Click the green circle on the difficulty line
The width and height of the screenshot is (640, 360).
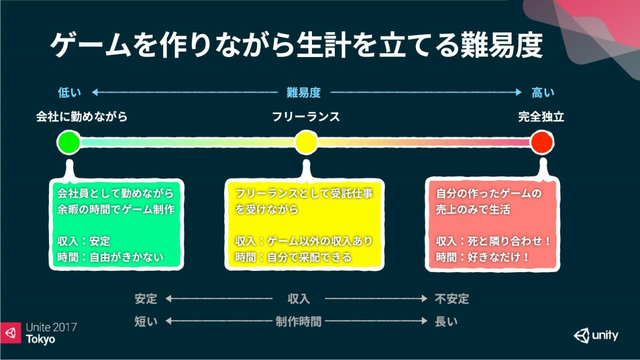tap(69, 142)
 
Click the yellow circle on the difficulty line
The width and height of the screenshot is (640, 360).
tap(306, 142)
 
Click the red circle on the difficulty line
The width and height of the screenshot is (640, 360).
tap(542, 142)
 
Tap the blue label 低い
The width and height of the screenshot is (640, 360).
tap(69, 93)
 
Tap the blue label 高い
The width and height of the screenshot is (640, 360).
tap(543, 93)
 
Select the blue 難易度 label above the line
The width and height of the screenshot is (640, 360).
tap(303, 93)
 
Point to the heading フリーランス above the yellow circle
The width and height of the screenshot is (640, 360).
tap(306, 117)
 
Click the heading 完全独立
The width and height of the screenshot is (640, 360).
tap(541, 117)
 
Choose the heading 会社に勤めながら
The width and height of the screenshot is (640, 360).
tap(82, 117)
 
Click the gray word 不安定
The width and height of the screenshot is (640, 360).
tap(452, 299)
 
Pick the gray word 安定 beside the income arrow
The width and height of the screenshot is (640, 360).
tap(146, 299)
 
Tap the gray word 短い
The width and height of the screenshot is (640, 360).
tap(146, 322)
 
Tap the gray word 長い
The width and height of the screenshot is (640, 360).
tap(446, 322)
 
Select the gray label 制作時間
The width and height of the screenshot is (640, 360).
tap(299, 322)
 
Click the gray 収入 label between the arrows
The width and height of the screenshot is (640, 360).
tap(299, 299)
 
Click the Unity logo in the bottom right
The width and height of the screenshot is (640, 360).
tap(596, 335)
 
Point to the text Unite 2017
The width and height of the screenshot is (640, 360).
tap(51, 327)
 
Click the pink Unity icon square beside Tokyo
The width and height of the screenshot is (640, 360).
tap(11, 333)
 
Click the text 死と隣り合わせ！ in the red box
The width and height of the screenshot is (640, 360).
tap(509, 241)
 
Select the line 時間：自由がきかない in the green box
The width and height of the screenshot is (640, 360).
tap(110, 257)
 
